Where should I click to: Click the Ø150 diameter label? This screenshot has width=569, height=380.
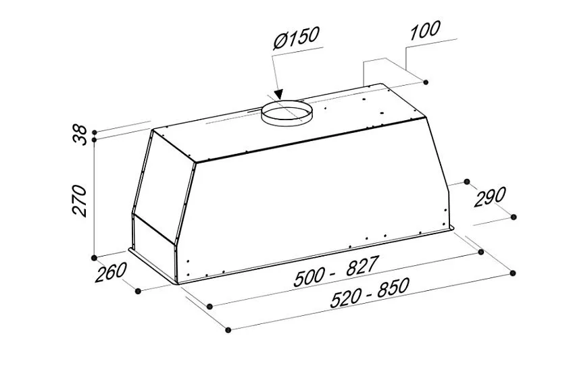pos(297,37)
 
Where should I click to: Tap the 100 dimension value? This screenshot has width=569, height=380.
pos(425,30)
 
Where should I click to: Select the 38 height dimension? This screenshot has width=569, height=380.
pos(80,135)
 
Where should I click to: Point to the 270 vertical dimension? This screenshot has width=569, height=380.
pos(80,201)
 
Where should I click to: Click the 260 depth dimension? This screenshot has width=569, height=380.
pos(111,271)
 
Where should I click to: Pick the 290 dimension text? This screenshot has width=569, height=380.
pos(490,197)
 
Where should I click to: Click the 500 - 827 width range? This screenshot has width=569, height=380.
pos(336,271)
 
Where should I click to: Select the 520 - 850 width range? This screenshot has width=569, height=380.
pos(370,293)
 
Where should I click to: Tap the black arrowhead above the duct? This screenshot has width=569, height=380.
pos(278,94)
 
